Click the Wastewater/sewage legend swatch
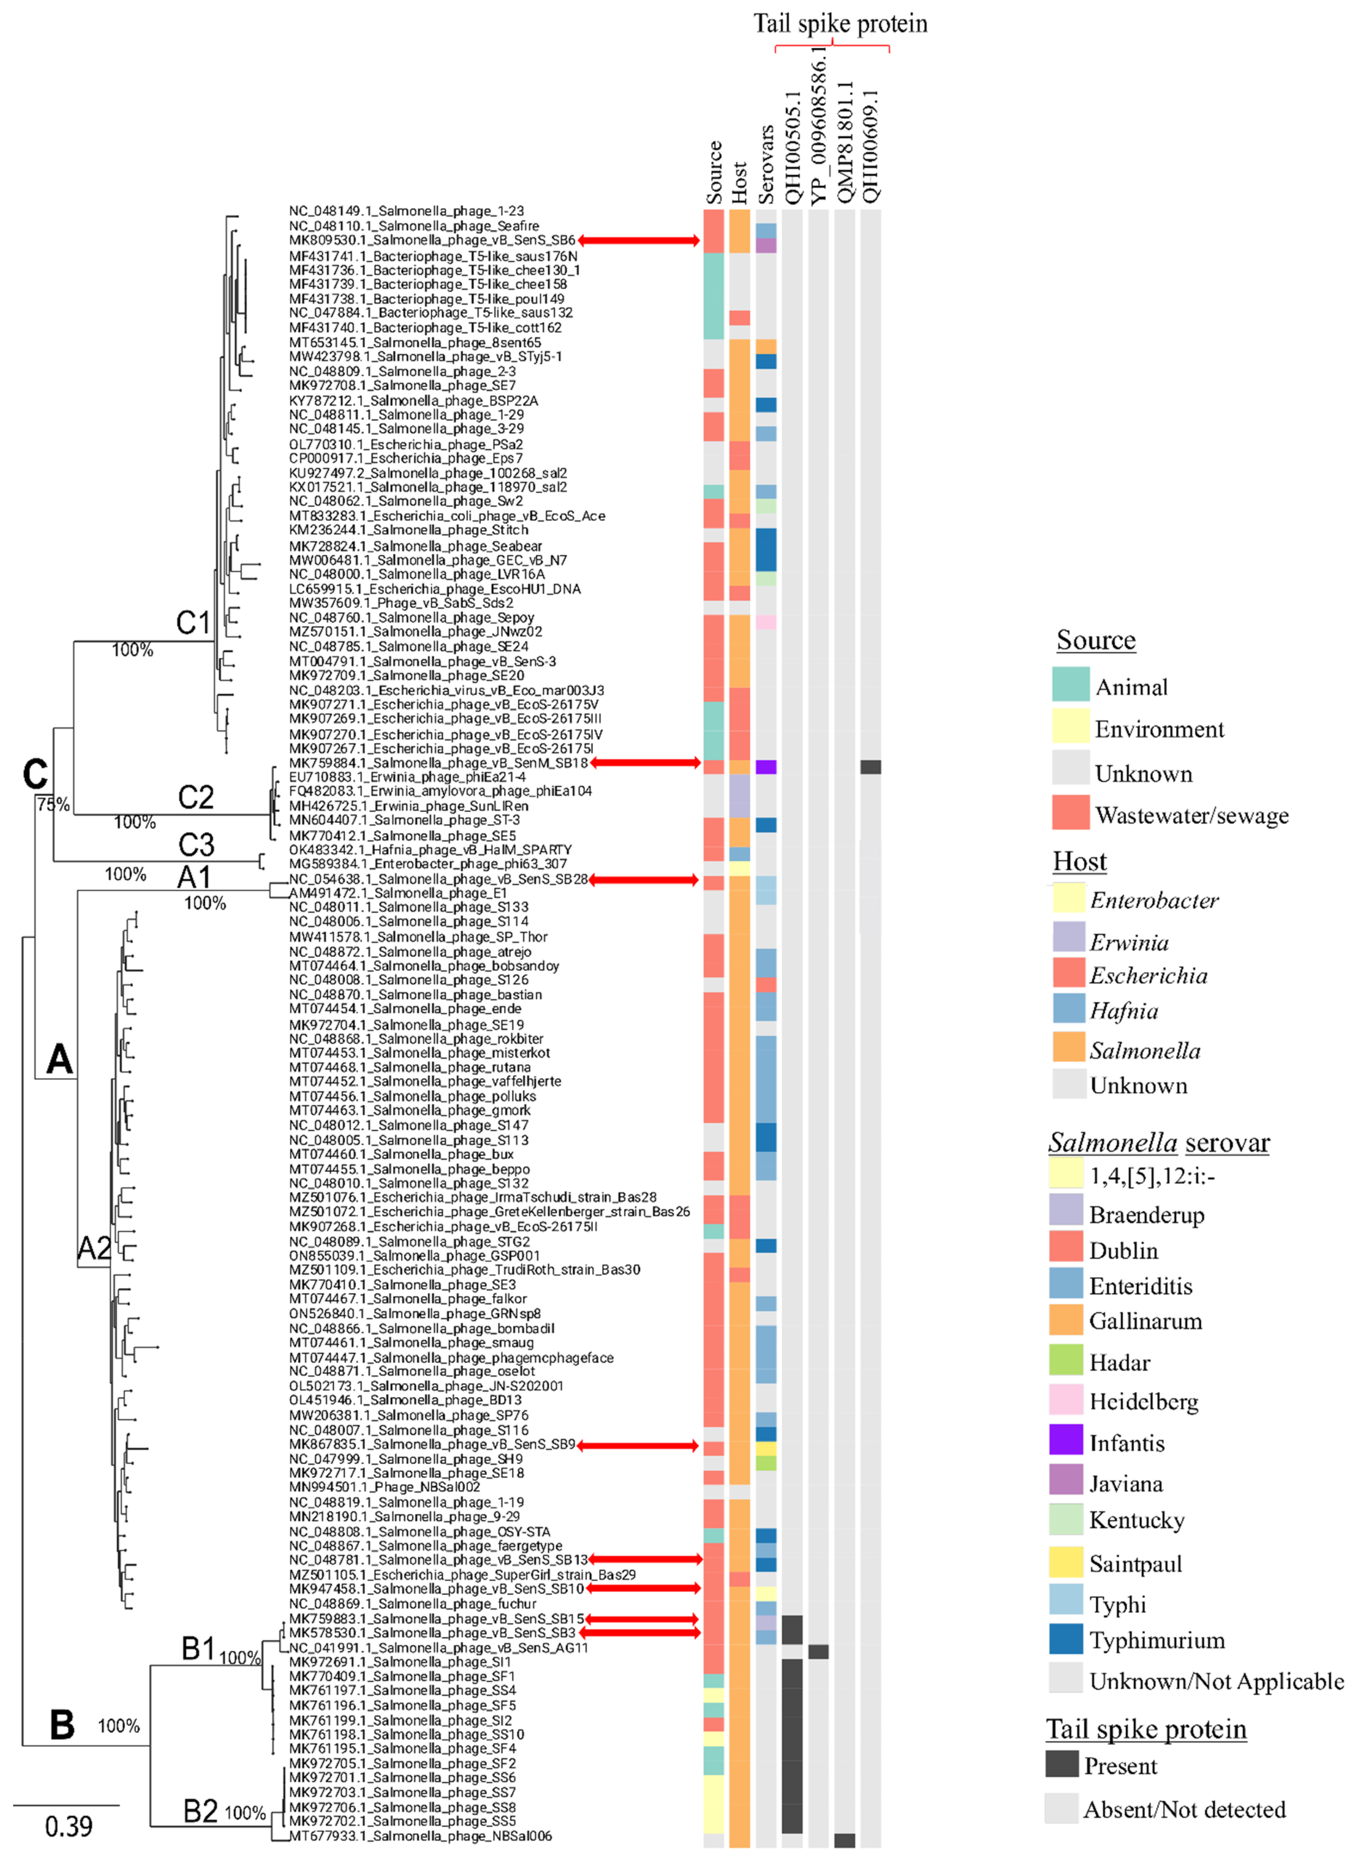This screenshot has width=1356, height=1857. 1070,813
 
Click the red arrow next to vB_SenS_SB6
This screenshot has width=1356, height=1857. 638,241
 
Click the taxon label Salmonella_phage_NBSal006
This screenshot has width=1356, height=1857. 421,1836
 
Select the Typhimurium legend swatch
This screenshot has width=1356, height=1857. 1065,1638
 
